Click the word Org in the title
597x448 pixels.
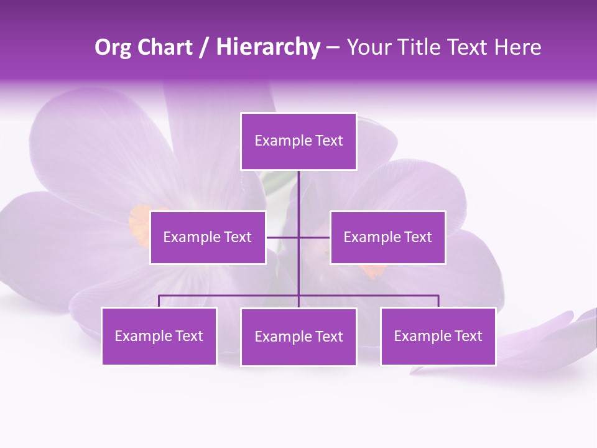[x=113, y=47]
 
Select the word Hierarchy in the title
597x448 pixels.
[x=268, y=47]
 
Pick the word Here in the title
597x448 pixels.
[x=517, y=47]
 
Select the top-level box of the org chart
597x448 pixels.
[x=298, y=141]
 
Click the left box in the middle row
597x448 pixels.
[x=208, y=237]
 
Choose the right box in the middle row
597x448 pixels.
[x=387, y=237]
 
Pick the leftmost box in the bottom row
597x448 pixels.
[x=159, y=336]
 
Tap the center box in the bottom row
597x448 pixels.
[x=298, y=337]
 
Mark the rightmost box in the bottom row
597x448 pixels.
[x=438, y=336]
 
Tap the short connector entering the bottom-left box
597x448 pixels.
[x=159, y=301]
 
